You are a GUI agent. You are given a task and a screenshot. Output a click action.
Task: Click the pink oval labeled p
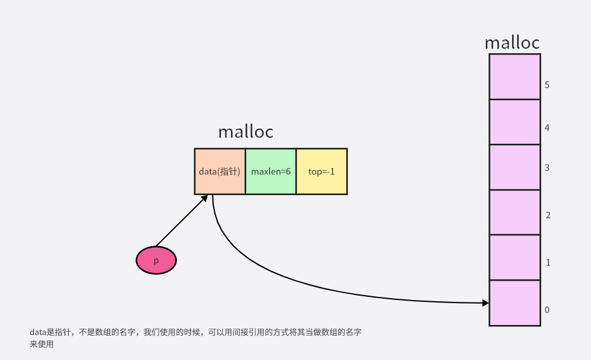pos(156,260)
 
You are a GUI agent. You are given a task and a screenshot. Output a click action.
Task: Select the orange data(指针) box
pos(220,171)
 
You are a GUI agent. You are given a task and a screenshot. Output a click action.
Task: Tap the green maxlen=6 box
pos(271,171)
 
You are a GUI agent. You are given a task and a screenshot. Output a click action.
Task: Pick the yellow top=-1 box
pos(322,171)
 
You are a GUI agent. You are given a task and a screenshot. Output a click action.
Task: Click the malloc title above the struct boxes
pos(246,132)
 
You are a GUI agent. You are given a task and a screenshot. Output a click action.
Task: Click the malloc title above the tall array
pos(512,42)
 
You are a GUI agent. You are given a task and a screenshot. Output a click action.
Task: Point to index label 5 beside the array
pos(547,84)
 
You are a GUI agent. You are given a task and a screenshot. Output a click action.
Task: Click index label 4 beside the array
pos(547,128)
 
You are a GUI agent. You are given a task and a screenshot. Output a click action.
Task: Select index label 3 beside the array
pos(547,167)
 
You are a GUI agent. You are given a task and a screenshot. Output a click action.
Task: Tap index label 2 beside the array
pos(547,215)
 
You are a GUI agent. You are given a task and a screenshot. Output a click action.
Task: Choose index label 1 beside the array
pos(547,262)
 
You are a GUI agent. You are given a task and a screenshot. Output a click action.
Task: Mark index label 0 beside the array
pos(547,310)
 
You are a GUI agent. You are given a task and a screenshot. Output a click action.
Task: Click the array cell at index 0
pos(515,302)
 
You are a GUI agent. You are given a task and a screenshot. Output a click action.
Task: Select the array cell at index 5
pos(515,77)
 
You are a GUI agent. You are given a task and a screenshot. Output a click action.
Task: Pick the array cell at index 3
pos(515,167)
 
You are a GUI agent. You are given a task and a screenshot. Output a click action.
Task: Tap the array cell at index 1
pos(515,257)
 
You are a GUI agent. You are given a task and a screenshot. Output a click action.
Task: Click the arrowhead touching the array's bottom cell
pos(485,303)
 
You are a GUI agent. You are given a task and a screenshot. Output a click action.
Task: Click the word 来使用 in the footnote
pos(42,344)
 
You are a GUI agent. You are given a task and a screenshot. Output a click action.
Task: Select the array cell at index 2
pos(515,212)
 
